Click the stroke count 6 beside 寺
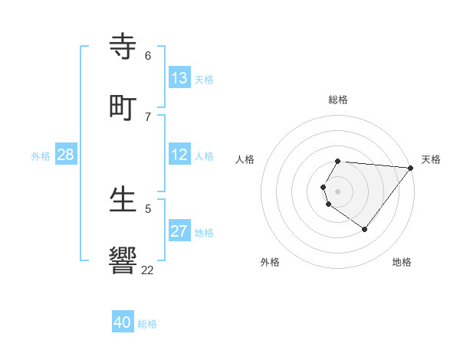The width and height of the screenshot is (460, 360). click(148, 56)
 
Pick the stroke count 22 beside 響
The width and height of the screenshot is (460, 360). click(148, 270)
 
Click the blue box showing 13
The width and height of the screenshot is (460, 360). click(179, 78)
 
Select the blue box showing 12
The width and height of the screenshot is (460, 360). click(179, 155)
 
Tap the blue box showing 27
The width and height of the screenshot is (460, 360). click(179, 231)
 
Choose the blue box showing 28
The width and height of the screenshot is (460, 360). click(66, 155)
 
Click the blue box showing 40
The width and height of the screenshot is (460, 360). click(123, 322)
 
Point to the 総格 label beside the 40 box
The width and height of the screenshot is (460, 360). click(148, 324)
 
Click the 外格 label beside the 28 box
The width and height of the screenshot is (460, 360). click(41, 156)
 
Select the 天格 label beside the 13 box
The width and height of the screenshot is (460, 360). click(204, 80)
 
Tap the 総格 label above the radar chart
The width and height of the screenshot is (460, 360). click(338, 100)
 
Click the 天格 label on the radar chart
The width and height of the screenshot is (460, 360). click(432, 159)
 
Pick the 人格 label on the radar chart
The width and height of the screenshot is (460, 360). click(245, 159)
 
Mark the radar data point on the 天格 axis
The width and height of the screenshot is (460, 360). click(411, 167)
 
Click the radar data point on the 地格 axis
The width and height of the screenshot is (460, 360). click(365, 229)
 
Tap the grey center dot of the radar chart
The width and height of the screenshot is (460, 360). click(338, 191)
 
